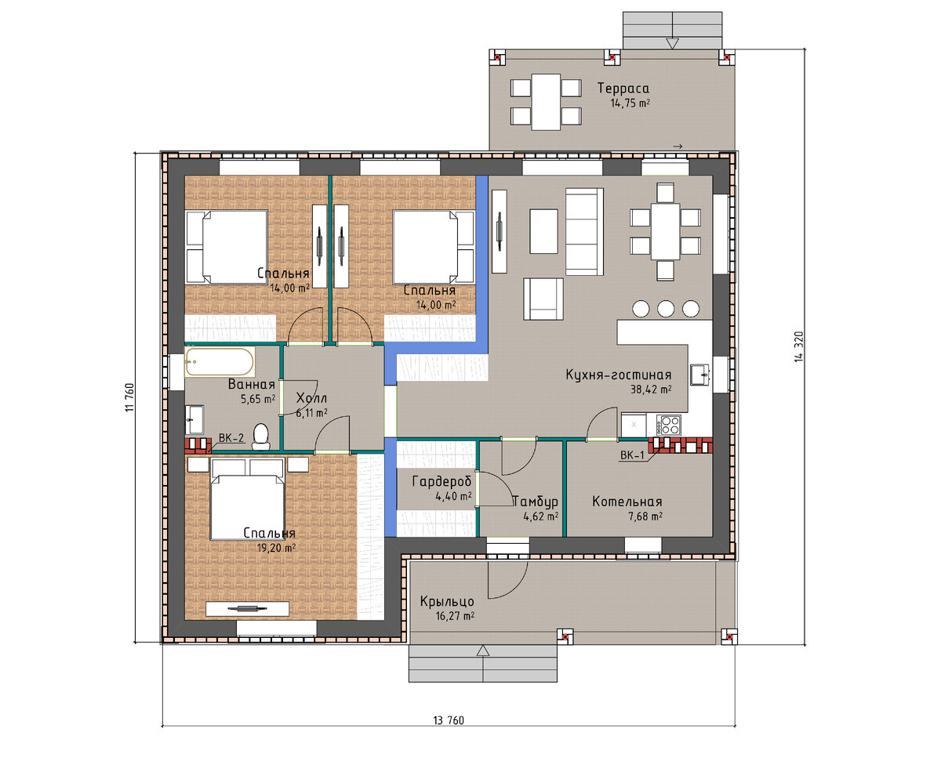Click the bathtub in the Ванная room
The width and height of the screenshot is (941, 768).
pyautogui.click(x=220, y=362)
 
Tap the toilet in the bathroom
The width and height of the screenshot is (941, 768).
pyautogui.click(x=260, y=437)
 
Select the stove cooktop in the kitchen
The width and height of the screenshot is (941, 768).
pyautogui.click(x=668, y=425)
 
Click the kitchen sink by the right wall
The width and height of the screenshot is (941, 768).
pyautogui.click(x=699, y=374)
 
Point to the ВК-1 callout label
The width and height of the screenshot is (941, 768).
pyautogui.click(x=632, y=455)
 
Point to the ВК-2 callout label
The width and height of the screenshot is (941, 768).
pyautogui.click(x=231, y=438)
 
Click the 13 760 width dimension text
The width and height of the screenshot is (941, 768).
pyautogui.click(x=449, y=720)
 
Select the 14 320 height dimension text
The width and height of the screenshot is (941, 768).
pyautogui.click(x=798, y=346)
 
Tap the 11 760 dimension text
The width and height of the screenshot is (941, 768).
pyautogui.click(x=129, y=397)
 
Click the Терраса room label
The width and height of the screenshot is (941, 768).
pyautogui.click(x=623, y=89)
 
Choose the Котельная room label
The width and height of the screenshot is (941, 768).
pyautogui.click(x=627, y=502)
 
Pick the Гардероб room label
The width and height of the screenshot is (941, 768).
pyautogui.click(x=441, y=482)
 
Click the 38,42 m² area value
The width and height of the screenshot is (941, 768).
pyautogui.click(x=651, y=389)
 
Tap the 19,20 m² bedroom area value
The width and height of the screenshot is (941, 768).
pyautogui.click(x=276, y=548)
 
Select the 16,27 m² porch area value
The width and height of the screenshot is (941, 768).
pyautogui.click(x=455, y=616)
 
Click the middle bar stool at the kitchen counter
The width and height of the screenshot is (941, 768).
pyautogui.click(x=666, y=309)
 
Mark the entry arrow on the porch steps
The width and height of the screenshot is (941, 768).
pyautogui.click(x=483, y=650)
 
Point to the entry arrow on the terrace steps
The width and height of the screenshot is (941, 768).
pyautogui.click(x=672, y=43)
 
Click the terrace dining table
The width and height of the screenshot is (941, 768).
pyautogui.click(x=546, y=102)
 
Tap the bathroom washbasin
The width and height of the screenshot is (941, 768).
pyautogui.click(x=194, y=419)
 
